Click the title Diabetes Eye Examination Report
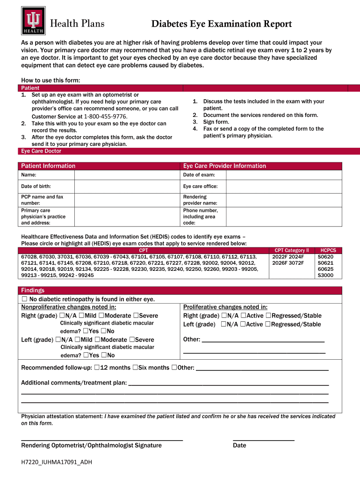point(222,24)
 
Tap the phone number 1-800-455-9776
point(105,116)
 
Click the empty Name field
point(127,175)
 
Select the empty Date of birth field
point(127,186)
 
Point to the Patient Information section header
point(48,166)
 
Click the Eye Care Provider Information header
point(224,166)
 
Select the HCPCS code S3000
point(325,276)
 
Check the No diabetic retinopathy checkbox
point(25,299)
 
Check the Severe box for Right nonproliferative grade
point(136,316)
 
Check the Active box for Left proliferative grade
point(243,324)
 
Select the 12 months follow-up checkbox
point(97,368)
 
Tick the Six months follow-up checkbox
point(135,368)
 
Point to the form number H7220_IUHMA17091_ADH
point(57,462)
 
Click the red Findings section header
point(33,290)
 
